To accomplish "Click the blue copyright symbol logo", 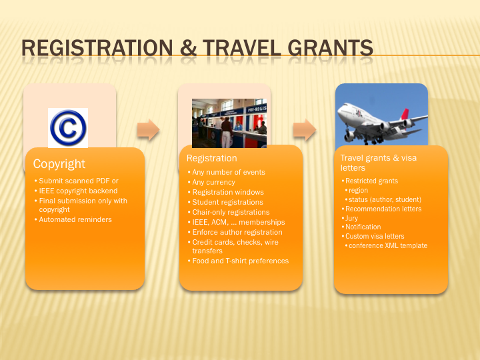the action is click(68, 127).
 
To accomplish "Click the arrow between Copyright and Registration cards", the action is click(148, 129).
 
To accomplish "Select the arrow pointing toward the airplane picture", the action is click(305, 129).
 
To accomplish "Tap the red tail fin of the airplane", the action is click(405, 114).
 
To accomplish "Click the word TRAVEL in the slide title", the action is click(241, 48).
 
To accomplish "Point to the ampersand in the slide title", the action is click(188, 48).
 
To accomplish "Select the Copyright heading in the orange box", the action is click(59, 164).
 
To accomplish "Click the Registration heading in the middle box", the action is click(212, 158).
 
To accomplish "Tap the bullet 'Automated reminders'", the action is click(75, 219).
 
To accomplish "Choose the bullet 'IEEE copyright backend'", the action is click(78, 191).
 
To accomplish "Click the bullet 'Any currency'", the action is click(214, 182).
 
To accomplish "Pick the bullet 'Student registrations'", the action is click(227, 202).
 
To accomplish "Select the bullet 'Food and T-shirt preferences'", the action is click(240, 261).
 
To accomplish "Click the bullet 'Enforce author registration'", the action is click(237, 232).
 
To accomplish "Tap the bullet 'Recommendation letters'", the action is click(383, 209).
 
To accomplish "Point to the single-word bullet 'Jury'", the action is click(351, 218).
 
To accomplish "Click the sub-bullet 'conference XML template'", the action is click(388, 245).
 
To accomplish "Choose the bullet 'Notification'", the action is click(363, 227).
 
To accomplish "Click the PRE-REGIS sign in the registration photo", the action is click(257, 109).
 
